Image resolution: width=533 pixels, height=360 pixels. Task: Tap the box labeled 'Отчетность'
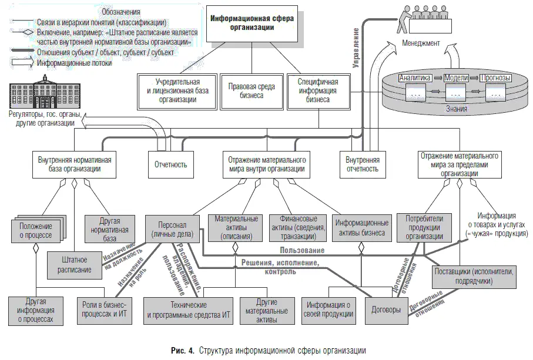click(171, 164)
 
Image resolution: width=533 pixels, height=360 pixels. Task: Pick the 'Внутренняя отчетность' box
click(362, 164)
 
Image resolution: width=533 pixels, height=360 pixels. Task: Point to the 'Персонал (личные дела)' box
click(172, 228)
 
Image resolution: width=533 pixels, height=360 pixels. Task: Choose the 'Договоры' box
click(386, 309)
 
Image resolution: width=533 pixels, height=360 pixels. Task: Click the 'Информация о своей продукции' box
click(330, 309)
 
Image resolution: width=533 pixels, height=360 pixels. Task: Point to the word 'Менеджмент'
click(421, 43)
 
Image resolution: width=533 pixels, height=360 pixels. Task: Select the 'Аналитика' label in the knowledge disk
click(415, 78)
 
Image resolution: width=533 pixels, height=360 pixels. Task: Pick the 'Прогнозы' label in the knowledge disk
click(495, 78)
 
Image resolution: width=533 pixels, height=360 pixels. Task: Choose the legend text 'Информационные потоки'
click(75, 63)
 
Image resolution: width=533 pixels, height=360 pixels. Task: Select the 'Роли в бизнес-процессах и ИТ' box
click(105, 309)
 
